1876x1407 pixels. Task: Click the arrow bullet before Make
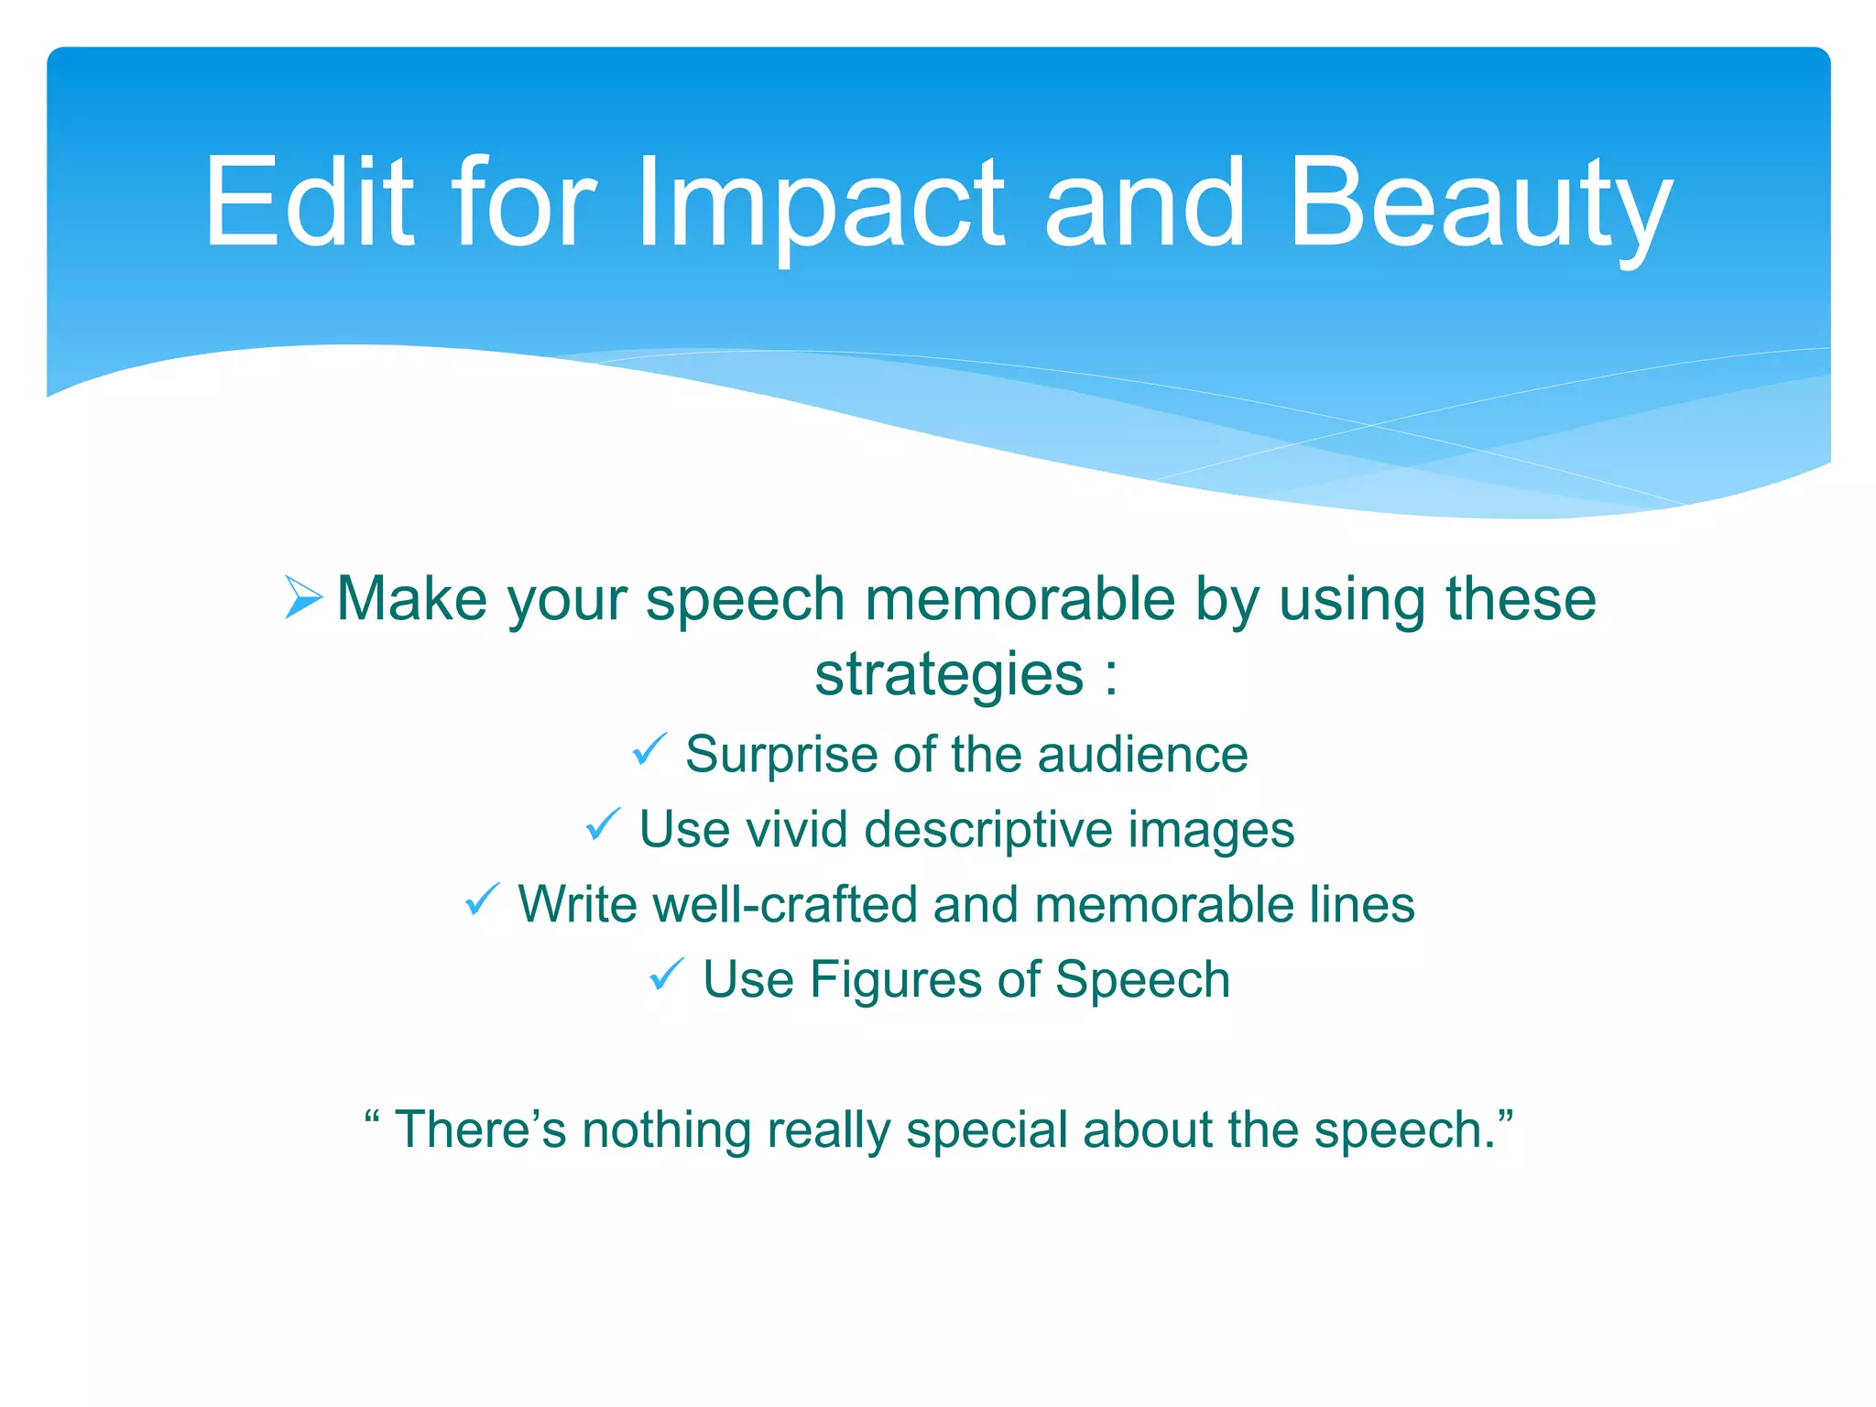click(x=303, y=597)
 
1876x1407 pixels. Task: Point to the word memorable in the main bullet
click(x=1020, y=599)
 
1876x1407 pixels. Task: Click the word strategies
click(x=949, y=675)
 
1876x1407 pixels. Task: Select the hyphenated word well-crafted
click(x=785, y=905)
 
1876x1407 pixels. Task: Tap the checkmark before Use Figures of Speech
click(x=667, y=975)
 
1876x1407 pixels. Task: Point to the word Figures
click(x=895, y=980)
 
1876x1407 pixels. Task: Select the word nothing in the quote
click(x=667, y=1130)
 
